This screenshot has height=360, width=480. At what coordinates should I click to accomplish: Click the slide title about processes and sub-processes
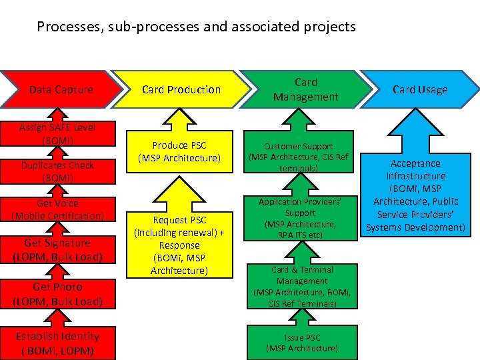click(x=197, y=27)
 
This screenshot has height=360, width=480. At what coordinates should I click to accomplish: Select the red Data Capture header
click(x=61, y=89)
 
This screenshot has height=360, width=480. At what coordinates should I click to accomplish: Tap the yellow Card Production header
click(x=181, y=89)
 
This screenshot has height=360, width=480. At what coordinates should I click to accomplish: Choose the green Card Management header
click(x=305, y=89)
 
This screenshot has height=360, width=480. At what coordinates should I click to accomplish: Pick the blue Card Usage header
click(x=419, y=89)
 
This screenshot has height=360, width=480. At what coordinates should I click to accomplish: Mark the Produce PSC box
click(x=179, y=152)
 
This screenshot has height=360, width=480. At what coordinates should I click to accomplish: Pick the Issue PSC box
click(x=301, y=343)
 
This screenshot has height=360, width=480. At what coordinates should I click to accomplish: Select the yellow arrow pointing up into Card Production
click(x=179, y=119)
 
